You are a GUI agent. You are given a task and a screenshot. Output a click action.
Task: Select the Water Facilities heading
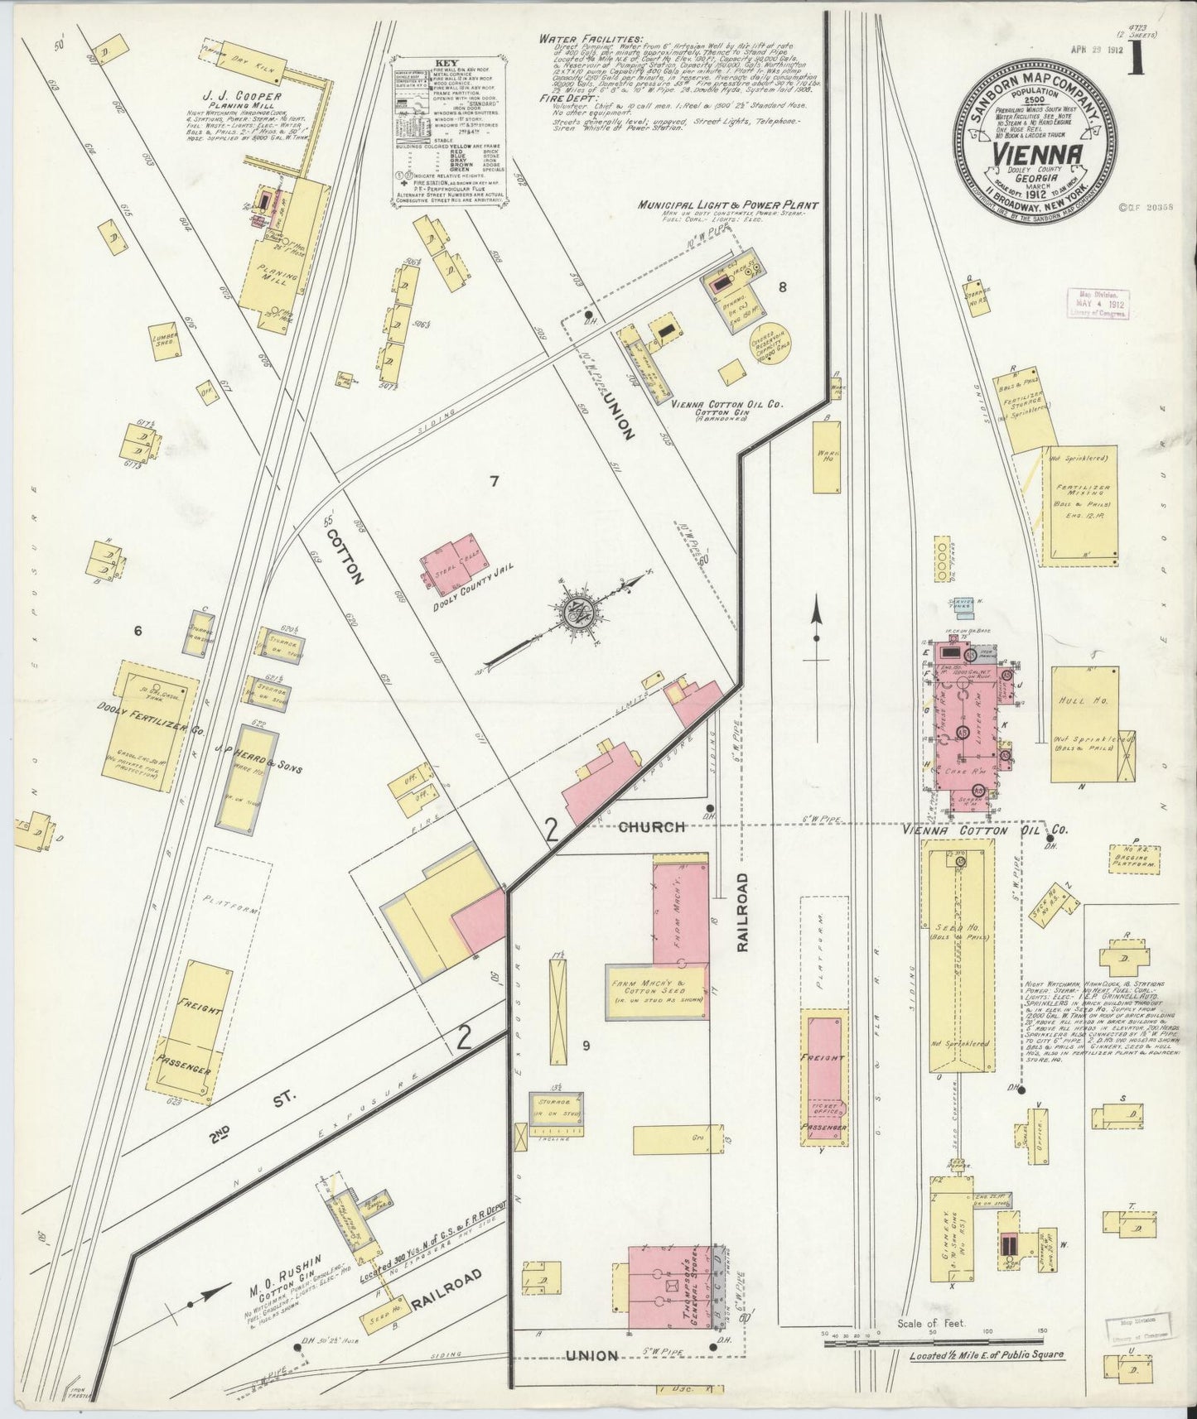coord(590,38)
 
